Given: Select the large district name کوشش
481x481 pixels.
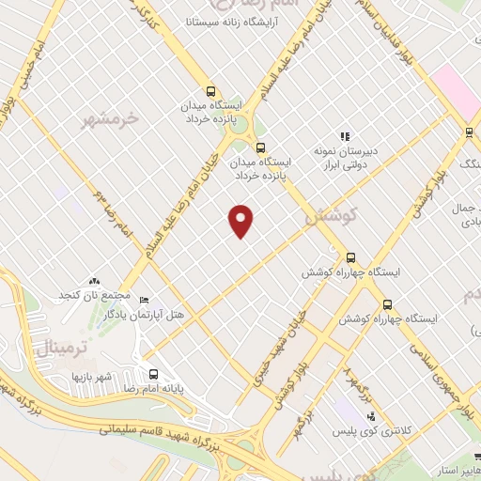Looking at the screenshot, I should (333, 215).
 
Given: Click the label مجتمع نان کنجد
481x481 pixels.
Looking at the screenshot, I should (93, 295).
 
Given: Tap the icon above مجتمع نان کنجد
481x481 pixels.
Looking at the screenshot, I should (93, 281).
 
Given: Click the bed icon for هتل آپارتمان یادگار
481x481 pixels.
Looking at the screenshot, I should (143, 300).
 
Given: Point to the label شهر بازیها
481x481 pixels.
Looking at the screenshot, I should (91, 376).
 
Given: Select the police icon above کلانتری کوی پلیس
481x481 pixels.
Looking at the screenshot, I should (371, 416).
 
